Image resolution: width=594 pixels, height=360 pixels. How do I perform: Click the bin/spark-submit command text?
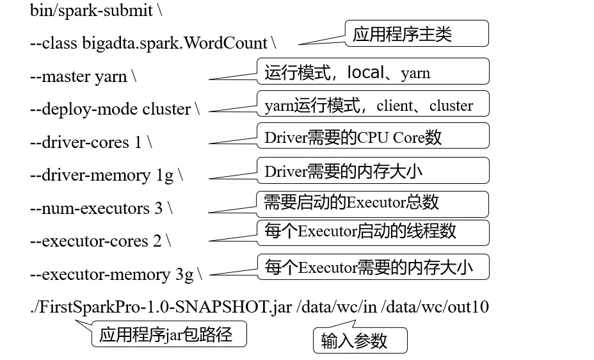91,11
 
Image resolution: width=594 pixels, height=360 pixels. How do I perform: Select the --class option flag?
53,44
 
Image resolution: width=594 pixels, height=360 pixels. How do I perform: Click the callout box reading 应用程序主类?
417,34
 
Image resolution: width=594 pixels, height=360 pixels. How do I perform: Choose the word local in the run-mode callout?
365,72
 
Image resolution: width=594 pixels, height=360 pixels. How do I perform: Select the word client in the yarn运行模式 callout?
395,106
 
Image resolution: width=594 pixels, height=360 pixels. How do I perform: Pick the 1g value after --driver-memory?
165,176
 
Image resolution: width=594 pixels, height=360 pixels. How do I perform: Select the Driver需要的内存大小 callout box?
373,170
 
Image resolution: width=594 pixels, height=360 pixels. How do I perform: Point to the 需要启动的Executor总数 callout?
373,203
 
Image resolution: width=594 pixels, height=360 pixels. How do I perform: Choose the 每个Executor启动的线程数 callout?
373,231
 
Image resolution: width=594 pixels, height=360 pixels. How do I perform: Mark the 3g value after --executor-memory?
184,275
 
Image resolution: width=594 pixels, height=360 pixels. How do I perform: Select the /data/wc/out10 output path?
435,307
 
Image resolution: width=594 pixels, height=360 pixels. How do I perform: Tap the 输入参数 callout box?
359,341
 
